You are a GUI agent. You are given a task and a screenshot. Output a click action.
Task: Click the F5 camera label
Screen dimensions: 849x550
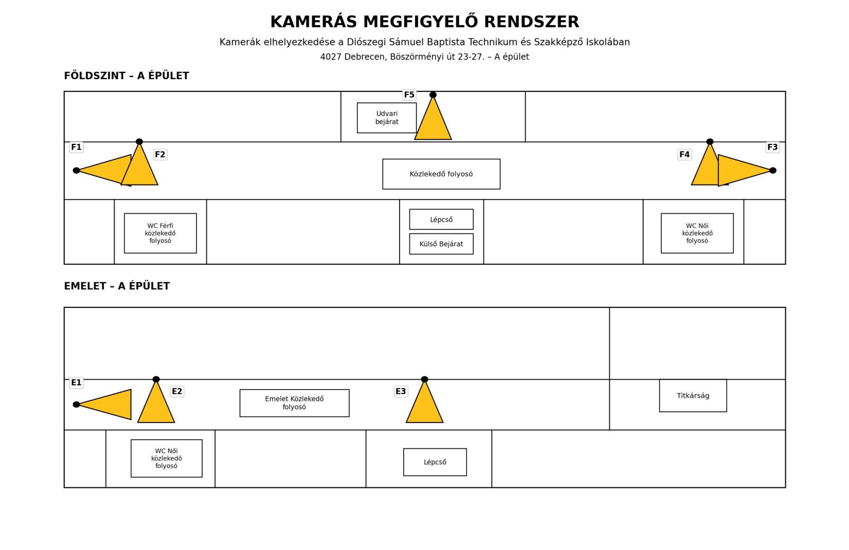(x=409, y=95)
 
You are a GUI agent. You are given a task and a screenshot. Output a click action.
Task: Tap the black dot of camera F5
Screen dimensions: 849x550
(x=433, y=95)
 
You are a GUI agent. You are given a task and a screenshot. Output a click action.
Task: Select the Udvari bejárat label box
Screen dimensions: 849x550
(x=387, y=117)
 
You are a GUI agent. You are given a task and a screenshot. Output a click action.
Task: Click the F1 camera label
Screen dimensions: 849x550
(x=76, y=147)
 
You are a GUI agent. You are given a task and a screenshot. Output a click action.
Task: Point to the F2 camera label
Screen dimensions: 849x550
(x=160, y=154)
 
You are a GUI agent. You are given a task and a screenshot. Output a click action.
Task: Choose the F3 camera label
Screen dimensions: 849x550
(x=773, y=147)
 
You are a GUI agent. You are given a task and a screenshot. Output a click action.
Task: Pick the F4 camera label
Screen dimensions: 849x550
(x=685, y=154)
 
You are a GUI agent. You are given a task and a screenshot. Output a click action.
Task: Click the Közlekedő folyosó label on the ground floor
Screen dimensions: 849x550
(x=441, y=174)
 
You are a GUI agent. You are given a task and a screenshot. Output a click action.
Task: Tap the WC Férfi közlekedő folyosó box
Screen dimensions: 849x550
(x=160, y=233)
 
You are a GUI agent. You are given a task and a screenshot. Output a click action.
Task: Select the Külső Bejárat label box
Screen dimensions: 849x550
(x=441, y=244)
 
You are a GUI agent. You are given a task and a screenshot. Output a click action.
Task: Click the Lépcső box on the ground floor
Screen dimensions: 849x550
(x=441, y=219)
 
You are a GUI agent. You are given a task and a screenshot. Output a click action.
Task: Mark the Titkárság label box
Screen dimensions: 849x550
(x=693, y=396)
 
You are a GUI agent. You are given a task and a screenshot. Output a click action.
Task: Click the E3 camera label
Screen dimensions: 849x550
(x=401, y=391)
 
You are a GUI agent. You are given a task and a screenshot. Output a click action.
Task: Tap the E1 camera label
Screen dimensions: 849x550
(x=76, y=383)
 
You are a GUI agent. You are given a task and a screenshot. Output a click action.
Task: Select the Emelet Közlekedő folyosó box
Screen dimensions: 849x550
(x=294, y=403)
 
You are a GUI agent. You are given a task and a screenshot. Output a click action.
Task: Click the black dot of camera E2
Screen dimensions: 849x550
(x=156, y=379)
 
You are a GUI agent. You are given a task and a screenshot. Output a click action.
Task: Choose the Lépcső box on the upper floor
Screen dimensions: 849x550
(x=435, y=462)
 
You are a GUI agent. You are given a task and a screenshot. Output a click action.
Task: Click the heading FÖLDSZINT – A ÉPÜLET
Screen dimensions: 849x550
(x=127, y=76)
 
